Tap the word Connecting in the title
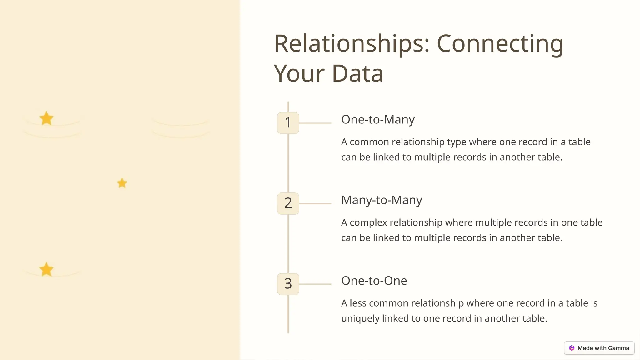(x=500, y=44)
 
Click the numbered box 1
(x=288, y=122)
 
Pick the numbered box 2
(x=288, y=203)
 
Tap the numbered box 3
(x=288, y=284)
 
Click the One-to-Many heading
(x=378, y=119)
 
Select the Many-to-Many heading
(x=382, y=200)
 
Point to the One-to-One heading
(x=374, y=281)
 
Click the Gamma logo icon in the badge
(x=572, y=348)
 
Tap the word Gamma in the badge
(x=618, y=348)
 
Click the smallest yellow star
(x=122, y=183)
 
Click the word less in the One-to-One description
(x=358, y=303)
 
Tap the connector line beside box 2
(x=315, y=203)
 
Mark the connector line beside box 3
(x=315, y=284)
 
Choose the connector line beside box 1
(x=315, y=123)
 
